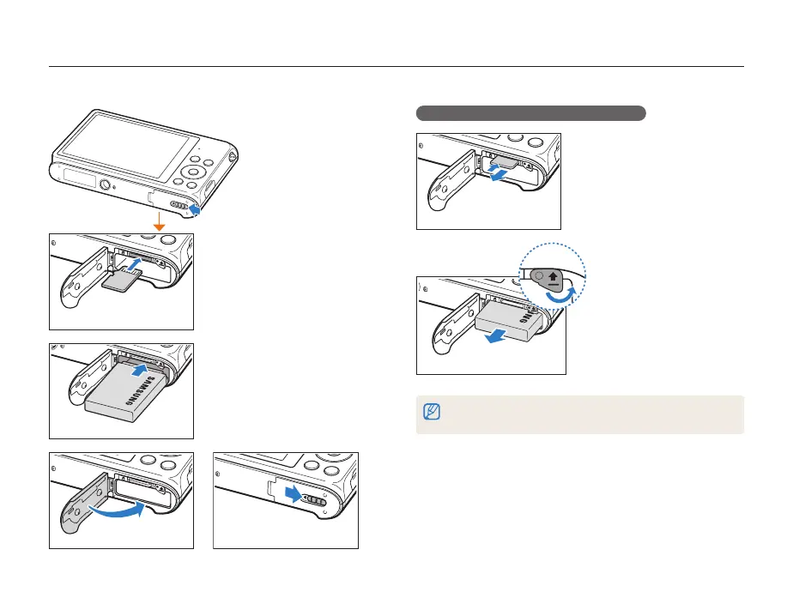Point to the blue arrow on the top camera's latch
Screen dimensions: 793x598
pyautogui.click(x=197, y=208)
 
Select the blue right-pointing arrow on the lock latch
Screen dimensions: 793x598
pyautogui.click(x=294, y=493)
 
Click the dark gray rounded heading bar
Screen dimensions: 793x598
pyautogui.click(x=530, y=112)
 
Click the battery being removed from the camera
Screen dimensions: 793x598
pyautogui.click(x=508, y=325)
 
